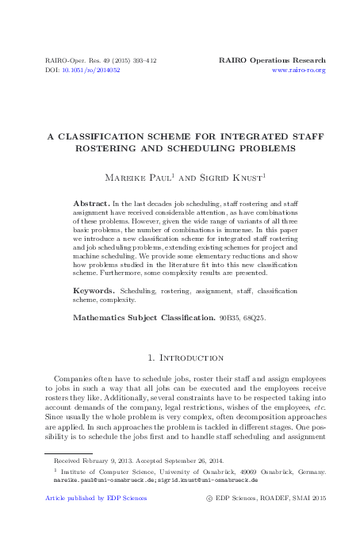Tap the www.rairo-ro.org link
[298, 71]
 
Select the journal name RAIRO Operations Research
[272, 60]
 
